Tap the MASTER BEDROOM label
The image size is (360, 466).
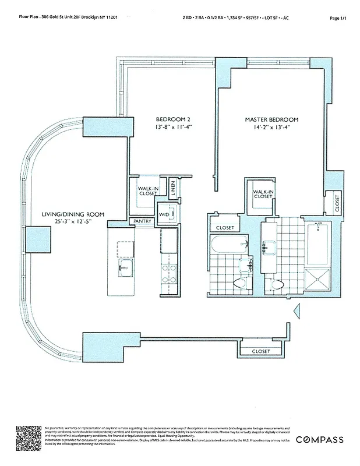[x=271, y=119]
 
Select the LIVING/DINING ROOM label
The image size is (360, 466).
[x=73, y=214]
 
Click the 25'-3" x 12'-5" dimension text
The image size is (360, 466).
[x=73, y=223]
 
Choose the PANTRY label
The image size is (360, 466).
[x=143, y=221]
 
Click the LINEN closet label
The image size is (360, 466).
[x=173, y=188]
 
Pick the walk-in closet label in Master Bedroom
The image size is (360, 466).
[x=262, y=193]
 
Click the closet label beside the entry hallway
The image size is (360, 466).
[x=262, y=351]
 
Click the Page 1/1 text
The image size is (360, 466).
[x=338, y=18]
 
